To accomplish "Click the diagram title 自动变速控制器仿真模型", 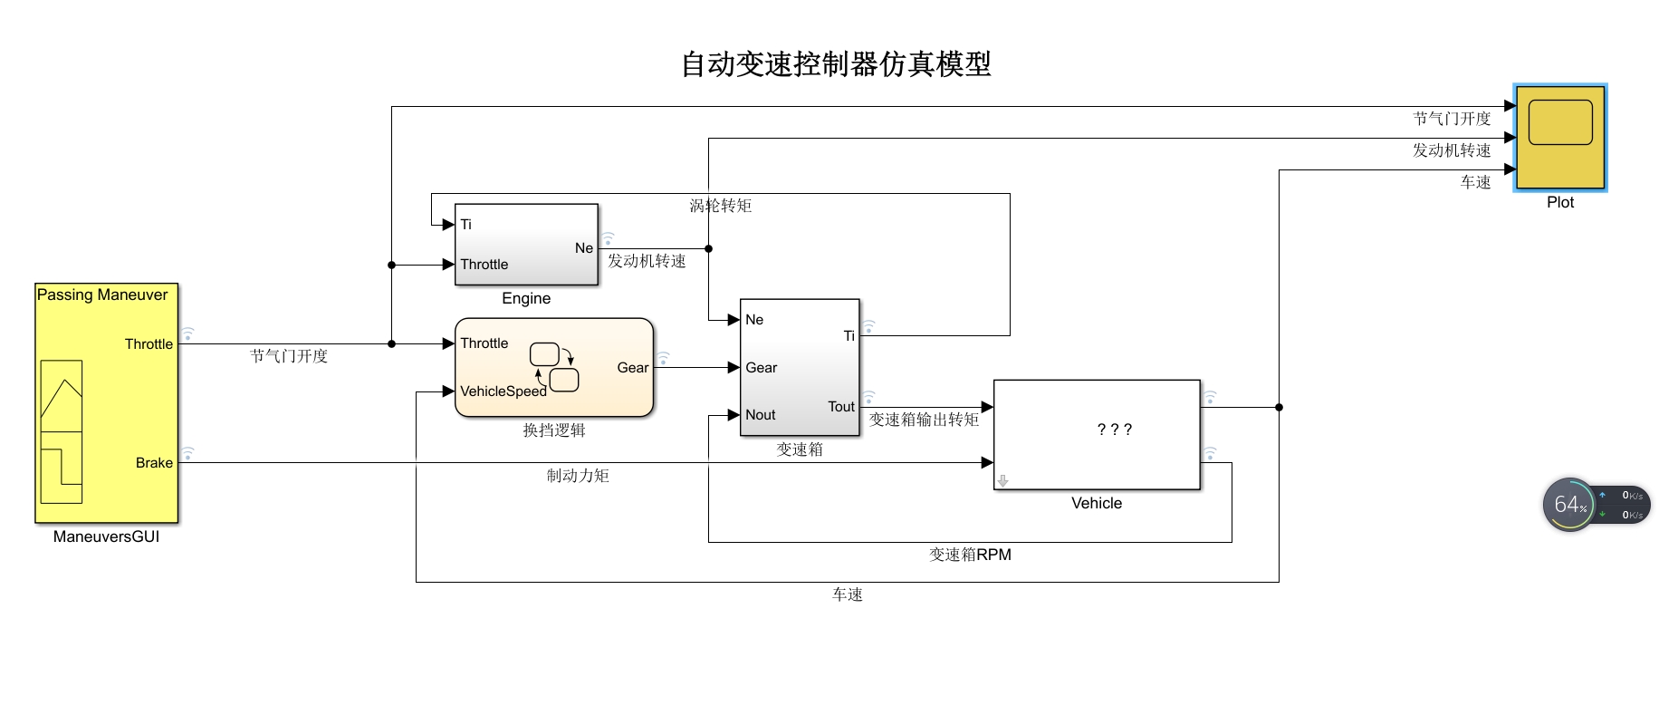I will (x=836, y=64).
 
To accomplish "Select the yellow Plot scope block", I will (x=1559, y=137).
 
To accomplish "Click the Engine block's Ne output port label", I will (x=583, y=248).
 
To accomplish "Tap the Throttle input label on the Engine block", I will (x=484, y=265).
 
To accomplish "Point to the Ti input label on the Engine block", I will (x=465, y=225).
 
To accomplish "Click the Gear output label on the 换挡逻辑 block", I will (x=632, y=368).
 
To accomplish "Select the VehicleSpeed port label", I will (x=503, y=391).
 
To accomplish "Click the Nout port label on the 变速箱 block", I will (x=760, y=415).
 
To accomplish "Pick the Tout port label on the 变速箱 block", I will (x=840, y=407).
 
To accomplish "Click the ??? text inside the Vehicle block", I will (x=1114, y=430).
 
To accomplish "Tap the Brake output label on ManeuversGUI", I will (x=154, y=463).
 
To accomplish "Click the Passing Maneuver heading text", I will (x=102, y=295).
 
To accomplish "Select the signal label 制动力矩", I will (x=578, y=476).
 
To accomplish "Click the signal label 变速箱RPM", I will (x=970, y=555).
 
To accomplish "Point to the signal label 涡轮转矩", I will (x=721, y=206).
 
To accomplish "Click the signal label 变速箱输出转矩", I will (x=924, y=420).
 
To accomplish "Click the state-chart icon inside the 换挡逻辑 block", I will (x=553, y=366).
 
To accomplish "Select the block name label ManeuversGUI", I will (x=106, y=536).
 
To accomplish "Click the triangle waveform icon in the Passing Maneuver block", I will (x=62, y=397).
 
